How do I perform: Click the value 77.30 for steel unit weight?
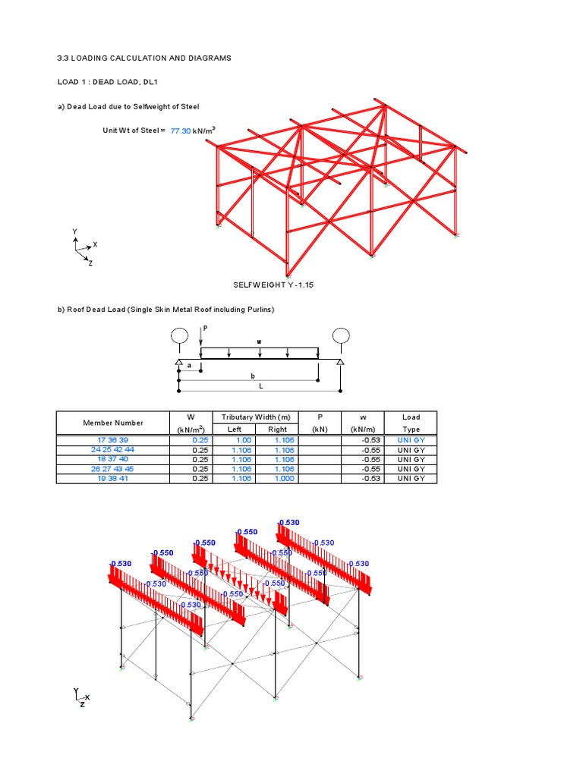[181, 131]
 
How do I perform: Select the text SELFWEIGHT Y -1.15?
[274, 284]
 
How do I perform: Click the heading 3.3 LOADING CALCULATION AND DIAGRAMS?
[144, 58]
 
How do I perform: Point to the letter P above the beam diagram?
[204, 328]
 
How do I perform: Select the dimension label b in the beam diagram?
[253, 376]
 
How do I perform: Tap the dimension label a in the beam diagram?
[190, 366]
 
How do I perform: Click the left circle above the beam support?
[179, 335]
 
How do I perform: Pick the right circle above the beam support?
[340, 335]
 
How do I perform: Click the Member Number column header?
[112, 423]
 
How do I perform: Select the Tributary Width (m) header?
[256, 417]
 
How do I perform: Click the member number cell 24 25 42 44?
[112, 450]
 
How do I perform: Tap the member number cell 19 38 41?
[112, 479]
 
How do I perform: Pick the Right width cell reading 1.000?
[278, 479]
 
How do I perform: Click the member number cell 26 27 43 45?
[112, 469]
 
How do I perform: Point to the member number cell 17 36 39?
[112, 440]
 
